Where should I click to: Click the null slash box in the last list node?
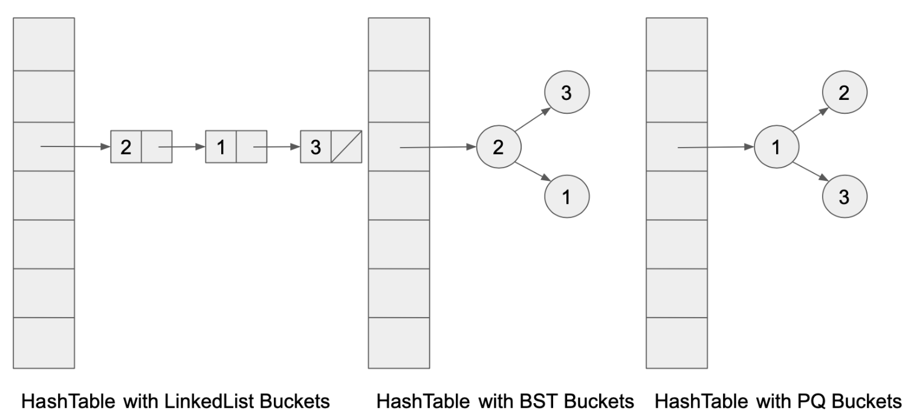pyautogui.click(x=346, y=146)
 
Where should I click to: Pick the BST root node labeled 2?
pyautogui.click(x=498, y=146)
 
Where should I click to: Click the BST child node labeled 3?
pyautogui.click(x=566, y=93)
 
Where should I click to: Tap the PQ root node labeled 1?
pyautogui.click(x=776, y=146)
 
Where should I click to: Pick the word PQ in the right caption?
pyautogui.click(x=824, y=401)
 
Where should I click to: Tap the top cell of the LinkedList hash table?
pyautogui.click(x=44, y=44)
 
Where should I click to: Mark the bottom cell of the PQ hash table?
pyautogui.click(x=676, y=343)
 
